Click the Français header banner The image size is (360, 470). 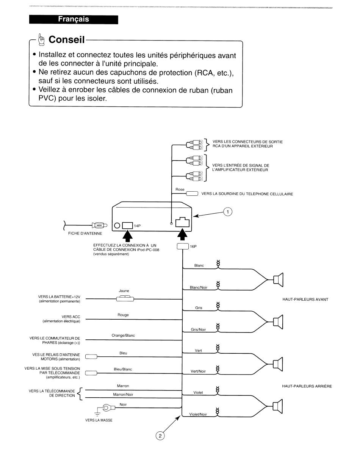click(x=74, y=19)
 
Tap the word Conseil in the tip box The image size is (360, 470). click(x=66, y=39)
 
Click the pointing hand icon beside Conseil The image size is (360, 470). click(x=41, y=39)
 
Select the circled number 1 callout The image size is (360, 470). click(x=227, y=212)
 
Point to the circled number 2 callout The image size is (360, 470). click(x=160, y=436)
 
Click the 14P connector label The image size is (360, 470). click(x=137, y=226)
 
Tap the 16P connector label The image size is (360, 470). click(x=193, y=246)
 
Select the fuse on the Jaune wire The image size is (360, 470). click(x=125, y=299)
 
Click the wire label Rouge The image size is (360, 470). click(x=123, y=315)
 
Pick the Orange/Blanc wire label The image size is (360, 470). click(x=123, y=336)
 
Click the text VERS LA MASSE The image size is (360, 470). click(x=99, y=420)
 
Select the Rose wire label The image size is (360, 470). click(x=180, y=189)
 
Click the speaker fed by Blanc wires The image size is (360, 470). click(x=278, y=280)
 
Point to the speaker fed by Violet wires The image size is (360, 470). click(x=277, y=406)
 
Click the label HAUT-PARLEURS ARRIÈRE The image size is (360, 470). click(x=307, y=386)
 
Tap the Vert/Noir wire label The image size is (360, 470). click(x=198, y=372)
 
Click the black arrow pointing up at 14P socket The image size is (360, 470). click(x=127, y=236)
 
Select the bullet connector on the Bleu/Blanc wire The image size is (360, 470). click(x=91, y=373)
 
